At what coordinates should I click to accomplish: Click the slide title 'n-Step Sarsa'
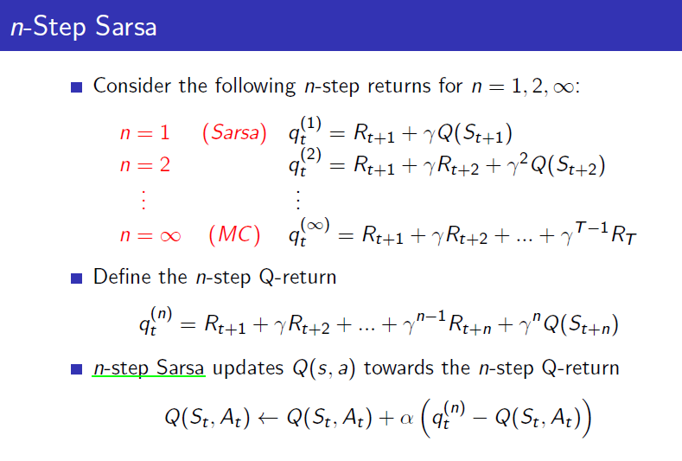point(84,26)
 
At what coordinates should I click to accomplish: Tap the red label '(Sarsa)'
point(234,132)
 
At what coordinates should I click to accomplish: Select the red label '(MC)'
point(234,235)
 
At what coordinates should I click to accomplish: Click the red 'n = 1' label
point(145,133)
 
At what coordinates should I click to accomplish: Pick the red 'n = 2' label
point(145,165)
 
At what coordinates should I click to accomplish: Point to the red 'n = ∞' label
point(150,235)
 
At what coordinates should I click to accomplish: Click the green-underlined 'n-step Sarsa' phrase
point(149,368)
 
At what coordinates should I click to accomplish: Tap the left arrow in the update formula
point(267,419)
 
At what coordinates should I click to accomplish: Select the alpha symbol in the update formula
point(406,419)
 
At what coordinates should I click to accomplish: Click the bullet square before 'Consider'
point(77,87)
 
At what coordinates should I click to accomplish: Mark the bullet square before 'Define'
point(77,279)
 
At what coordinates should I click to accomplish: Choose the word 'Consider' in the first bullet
point(132,86)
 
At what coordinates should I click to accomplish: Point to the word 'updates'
point(248,368)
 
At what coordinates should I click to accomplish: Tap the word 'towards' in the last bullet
point(398,368)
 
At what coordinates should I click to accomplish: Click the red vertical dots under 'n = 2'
point(143,200)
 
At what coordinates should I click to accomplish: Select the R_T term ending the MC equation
point(624,235)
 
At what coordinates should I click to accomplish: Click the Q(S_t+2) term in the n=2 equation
point(568,166)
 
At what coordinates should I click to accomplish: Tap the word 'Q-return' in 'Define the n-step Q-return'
point(297,278)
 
